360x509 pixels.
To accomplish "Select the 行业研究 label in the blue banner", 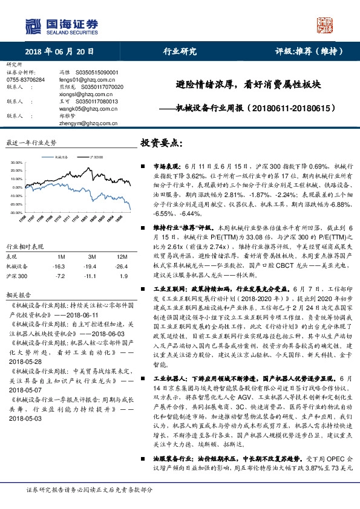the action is pos(180,51).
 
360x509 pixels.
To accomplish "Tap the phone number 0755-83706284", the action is pos(25,79).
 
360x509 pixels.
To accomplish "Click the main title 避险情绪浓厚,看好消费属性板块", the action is pos(236,85).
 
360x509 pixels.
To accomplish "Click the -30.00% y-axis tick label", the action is pos(16,213).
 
